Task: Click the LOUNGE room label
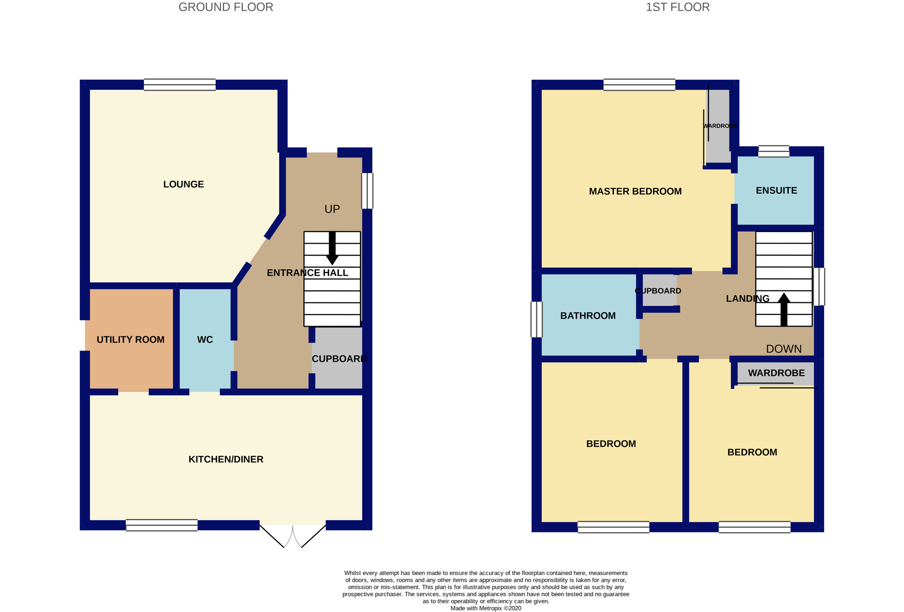coord(183,184)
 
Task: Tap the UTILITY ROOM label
coord(130,339)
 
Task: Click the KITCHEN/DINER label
coord(226,459)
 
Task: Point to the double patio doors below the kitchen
coord(293,535)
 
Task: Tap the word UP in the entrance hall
coord(332,209)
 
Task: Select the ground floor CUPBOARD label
coord(339,359)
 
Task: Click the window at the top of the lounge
coord(179,84)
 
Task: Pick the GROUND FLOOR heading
coord(226,7)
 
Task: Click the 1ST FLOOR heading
coord(678,7)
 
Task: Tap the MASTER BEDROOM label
coord(635,191)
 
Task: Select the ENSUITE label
coord(776,190)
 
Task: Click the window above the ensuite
coord(774,151)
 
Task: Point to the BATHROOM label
coord(588,316)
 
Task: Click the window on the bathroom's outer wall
coord(536,319)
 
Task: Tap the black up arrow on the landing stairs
coord(784,309)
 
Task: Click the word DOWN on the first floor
coord(784,349)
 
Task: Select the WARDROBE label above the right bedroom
coord(776,373)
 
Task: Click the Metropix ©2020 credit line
coord(486,608)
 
